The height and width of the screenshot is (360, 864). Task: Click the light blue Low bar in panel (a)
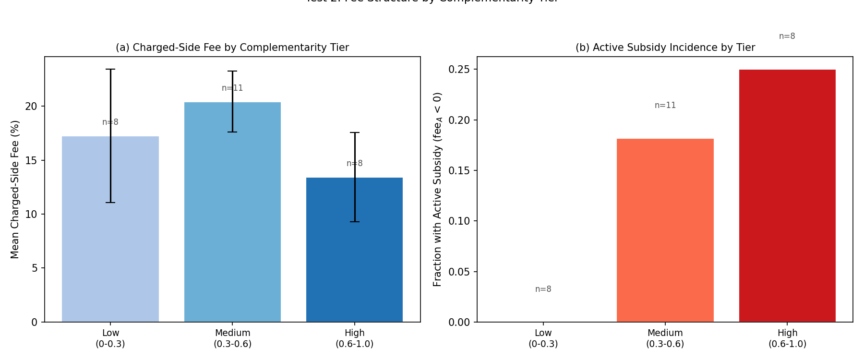[86, 230]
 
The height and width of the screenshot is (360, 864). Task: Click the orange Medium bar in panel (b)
[665, 230]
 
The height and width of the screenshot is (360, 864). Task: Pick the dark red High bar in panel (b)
[787, 197]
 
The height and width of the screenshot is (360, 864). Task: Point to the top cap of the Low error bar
[110, 69]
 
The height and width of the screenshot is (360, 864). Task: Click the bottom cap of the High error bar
[355, 222]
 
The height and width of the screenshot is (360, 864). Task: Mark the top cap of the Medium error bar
[232, 71]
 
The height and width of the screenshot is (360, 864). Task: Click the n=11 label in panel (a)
[232, 88]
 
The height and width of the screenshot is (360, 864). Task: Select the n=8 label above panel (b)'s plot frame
[787, 36]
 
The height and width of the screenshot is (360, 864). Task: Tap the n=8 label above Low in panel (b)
[543, 289]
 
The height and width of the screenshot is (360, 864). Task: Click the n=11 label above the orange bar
[665, 106]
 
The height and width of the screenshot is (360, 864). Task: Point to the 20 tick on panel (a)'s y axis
[31, 107]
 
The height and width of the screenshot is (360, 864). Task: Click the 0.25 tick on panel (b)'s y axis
[459, 70]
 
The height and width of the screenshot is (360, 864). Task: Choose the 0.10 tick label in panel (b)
[459, 221]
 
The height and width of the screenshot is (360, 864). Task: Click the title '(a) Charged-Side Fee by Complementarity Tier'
[232, 48]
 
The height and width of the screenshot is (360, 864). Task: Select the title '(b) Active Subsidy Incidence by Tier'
[665, 48]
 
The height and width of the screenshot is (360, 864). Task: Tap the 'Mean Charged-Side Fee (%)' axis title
[15, 190]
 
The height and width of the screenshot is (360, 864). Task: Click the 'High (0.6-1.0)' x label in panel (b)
[787, 338]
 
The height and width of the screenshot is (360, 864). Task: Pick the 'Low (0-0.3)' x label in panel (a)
[110, 338]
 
